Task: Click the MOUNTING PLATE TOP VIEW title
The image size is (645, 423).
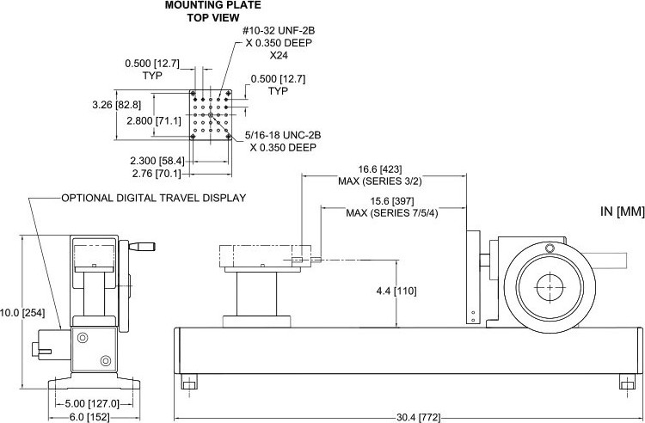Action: coord(212,11)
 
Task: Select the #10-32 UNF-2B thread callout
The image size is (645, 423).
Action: coord(279,31)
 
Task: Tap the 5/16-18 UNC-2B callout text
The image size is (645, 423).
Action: coord(283,135)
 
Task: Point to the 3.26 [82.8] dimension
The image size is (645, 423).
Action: coord(116,105)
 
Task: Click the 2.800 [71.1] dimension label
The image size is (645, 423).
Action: coord(154,121)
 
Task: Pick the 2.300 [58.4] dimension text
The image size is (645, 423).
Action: coord(157,161)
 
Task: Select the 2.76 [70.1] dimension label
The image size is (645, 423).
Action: coord(157,174)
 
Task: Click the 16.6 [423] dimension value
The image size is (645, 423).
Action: coord(380,169)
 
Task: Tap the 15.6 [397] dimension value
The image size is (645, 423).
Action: coord(392,202)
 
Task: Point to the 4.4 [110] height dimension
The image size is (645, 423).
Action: coord(396,291)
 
